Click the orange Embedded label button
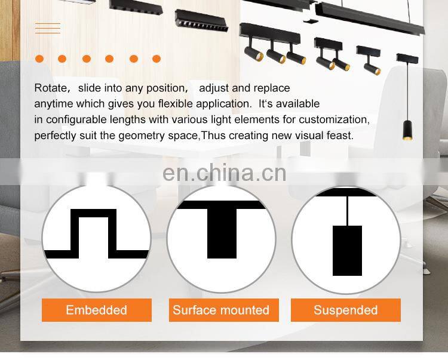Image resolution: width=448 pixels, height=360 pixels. (96, 310)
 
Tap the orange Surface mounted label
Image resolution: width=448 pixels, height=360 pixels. (220, 310)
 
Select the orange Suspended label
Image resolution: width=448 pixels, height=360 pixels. (345, 310)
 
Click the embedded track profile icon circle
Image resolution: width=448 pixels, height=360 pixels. (96, 239)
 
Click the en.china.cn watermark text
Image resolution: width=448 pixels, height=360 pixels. (224, 173)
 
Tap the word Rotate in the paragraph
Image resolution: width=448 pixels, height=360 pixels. (51, 88)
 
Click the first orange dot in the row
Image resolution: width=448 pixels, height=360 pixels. (39, 59)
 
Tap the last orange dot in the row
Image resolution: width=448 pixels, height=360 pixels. (157, 59)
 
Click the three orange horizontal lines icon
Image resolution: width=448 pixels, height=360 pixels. (47, 28)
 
